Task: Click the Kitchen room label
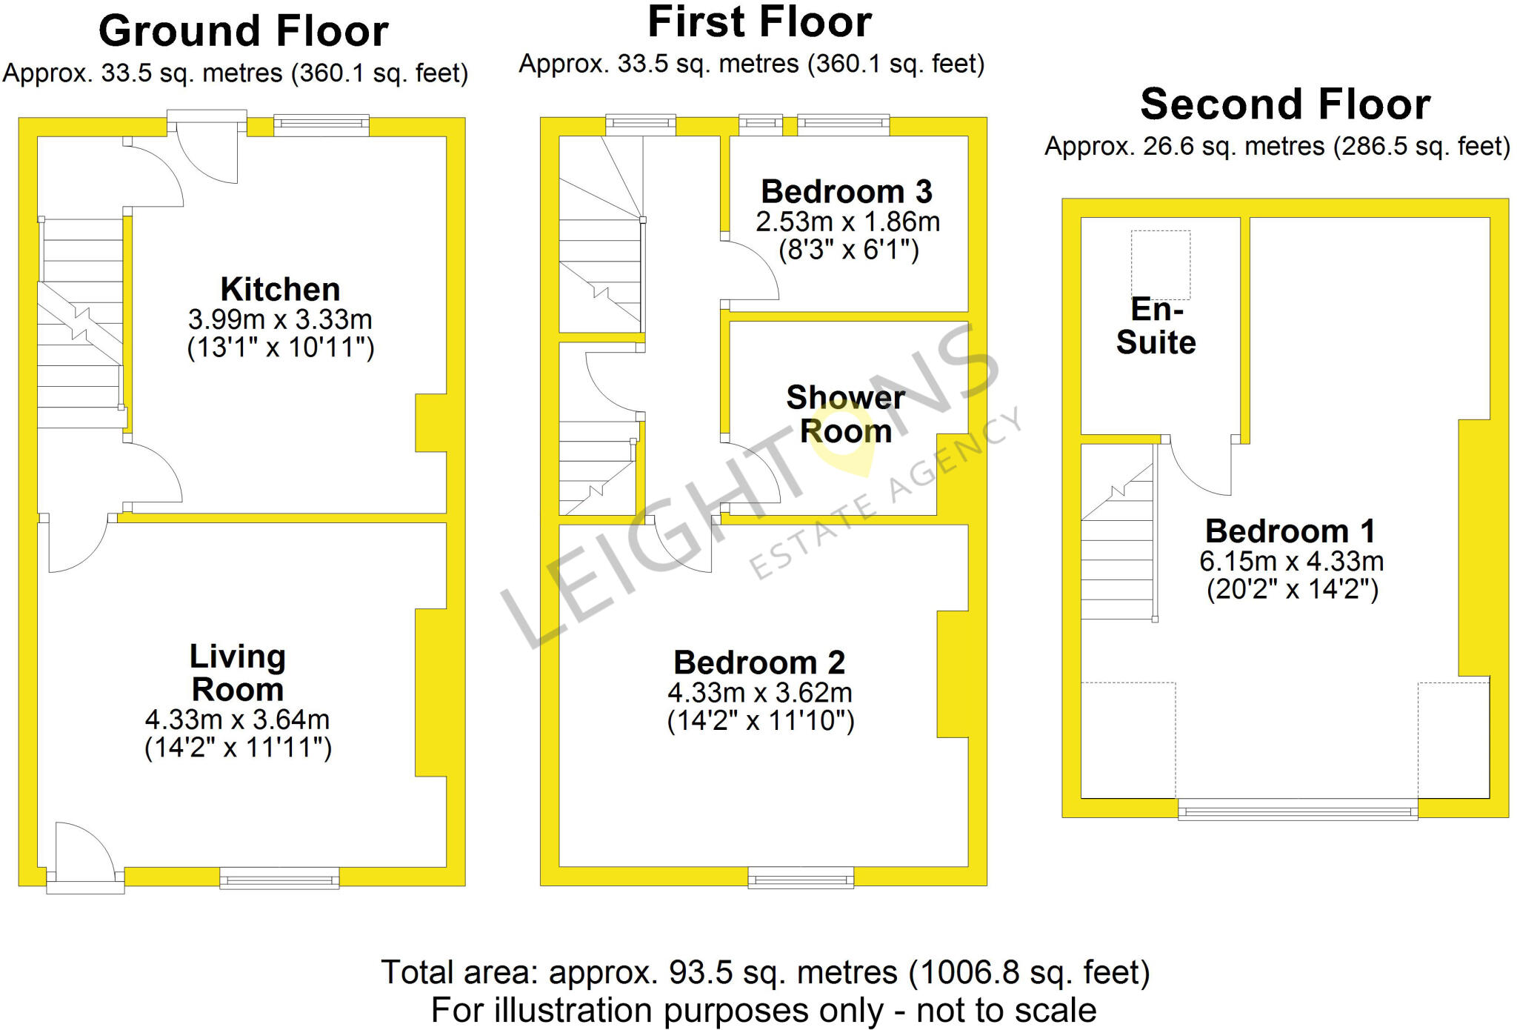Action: pyautogui.click(x=280, y=289)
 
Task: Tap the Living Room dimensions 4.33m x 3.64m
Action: pyautogui.click(x=237, y=720)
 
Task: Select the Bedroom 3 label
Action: pyautogui.click(x=846, y=192)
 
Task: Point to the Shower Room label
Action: pyautogui.click(x=845, y=414)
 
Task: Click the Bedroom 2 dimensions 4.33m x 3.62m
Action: pyautogui.click(x=760, y=693)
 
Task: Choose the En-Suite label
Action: pyautogui.click(x=1156, y=326)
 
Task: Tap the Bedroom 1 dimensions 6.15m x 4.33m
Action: pyautogui.click(x=1291, y=562)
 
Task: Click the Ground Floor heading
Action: pyautogui.click(x=243, y=32)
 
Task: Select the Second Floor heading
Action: pyautogui.click(x=1285, y=104)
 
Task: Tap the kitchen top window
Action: pyautogui.click(x=321, y=124)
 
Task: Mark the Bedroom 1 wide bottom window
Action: pyautogui.click(x=1297, y=812)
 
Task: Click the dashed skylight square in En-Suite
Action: pyautogui.click(x=1160, y=263)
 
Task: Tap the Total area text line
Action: pyautogui.click(x=765, y=972)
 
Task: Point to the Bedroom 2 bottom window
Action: pyautogui.click(x=801, y=879)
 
